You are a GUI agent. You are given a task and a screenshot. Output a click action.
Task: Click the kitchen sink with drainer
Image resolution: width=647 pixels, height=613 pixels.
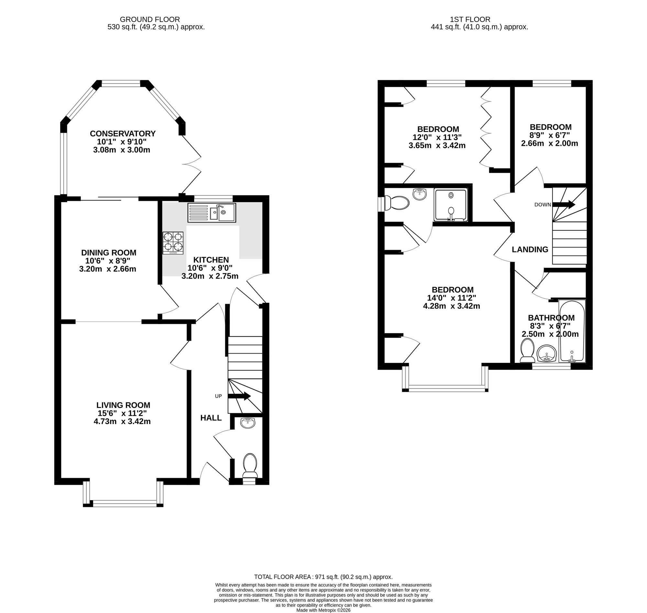tap(212, 213)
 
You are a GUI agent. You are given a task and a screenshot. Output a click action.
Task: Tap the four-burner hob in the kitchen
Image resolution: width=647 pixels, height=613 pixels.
tap(173, 243)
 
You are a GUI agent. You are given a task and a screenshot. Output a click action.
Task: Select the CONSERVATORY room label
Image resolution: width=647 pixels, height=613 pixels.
tap(123, 134)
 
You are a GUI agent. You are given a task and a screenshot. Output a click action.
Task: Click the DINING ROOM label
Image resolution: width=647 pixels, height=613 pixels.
tap(108, 253)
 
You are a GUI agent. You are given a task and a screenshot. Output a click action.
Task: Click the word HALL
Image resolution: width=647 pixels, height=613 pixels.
tap(211, 418)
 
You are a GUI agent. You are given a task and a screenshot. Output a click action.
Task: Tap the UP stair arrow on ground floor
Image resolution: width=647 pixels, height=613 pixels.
tap(239, 396)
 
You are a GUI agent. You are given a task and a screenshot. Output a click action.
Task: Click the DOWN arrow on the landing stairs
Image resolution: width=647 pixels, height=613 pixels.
tap(564, 204)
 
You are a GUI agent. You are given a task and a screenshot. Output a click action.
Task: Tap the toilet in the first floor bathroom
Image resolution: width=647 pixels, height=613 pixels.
tap(527, 351)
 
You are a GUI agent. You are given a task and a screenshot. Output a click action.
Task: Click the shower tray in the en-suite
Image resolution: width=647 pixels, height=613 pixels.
tap(451, 205)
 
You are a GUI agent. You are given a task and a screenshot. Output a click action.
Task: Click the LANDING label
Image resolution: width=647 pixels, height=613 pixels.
tap(530, 250)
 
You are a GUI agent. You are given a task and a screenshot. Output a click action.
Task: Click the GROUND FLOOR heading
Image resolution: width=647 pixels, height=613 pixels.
tap(150, 20)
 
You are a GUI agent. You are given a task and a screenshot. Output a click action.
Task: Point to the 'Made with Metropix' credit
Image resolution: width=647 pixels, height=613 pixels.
tap(323, 610)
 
